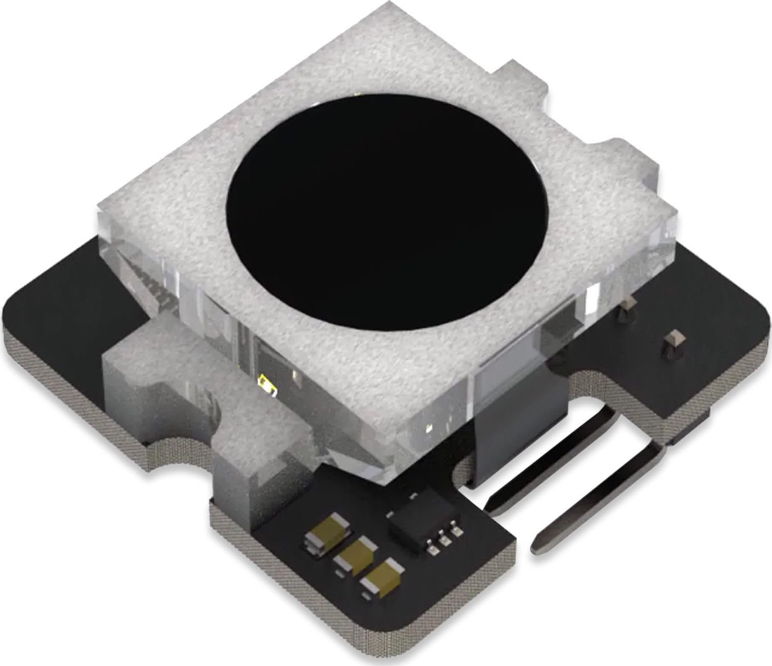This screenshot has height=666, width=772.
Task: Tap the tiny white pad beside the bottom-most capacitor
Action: (x=366, y=596)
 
